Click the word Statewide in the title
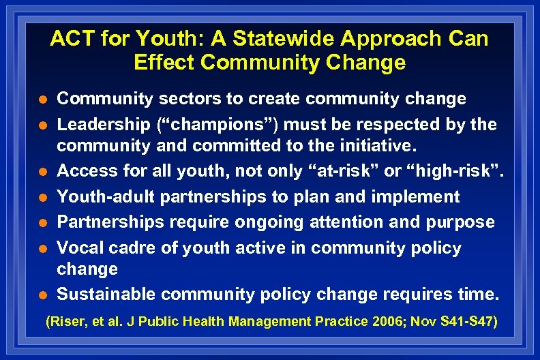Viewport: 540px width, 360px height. [x=251, y=39]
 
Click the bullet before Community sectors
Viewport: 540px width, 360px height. [x=42, y=100]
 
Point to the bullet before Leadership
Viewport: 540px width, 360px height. [x=42, y=125]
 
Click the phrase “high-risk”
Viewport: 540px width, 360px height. [x=456, y=171]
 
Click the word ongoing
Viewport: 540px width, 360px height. [x=262, y=222]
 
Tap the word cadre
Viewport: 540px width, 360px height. [x=134, y=248]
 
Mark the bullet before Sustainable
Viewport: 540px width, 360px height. [x=42, y=295]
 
